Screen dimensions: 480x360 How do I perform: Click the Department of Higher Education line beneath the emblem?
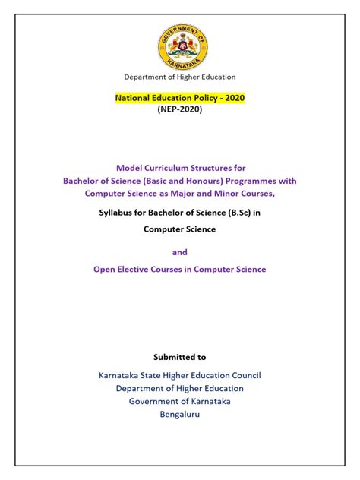[180, 77]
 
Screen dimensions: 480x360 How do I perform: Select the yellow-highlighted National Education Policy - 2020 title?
[179, 98]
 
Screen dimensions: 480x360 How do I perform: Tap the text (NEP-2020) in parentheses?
[180, 110]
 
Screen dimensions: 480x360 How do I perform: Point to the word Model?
[129, 167]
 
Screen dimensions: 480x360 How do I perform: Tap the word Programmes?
[250, 181]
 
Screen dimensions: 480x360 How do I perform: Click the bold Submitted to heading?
[180, 356]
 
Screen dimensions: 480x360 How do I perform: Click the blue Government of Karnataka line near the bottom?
[180, 401]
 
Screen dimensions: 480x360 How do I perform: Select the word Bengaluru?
[180, 415]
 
